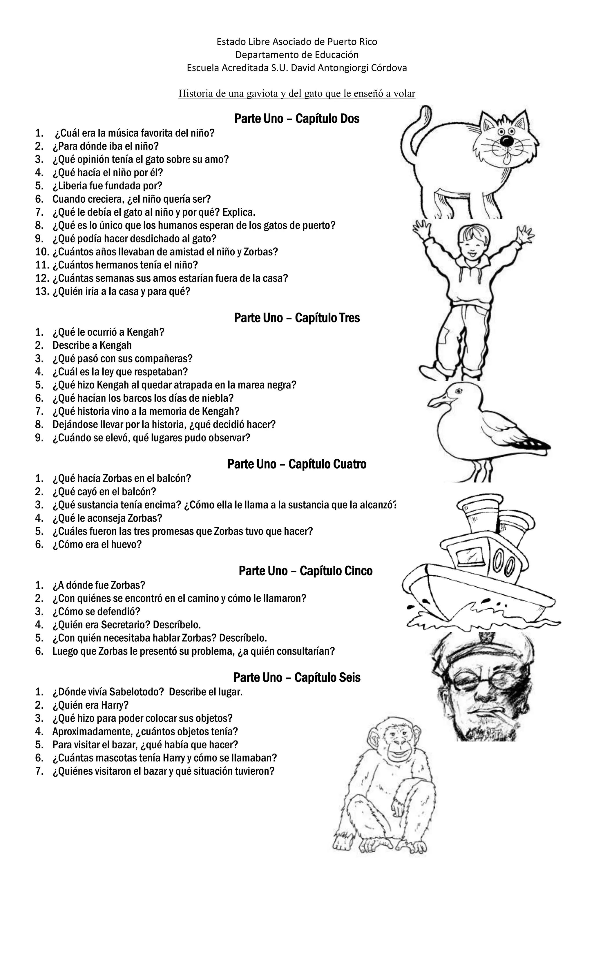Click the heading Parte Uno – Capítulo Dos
coord(297,119)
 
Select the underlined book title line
coord(297,93)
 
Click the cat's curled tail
coord(413,127)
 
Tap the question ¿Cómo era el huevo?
coord(97,544)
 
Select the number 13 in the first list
coord(42,292)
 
